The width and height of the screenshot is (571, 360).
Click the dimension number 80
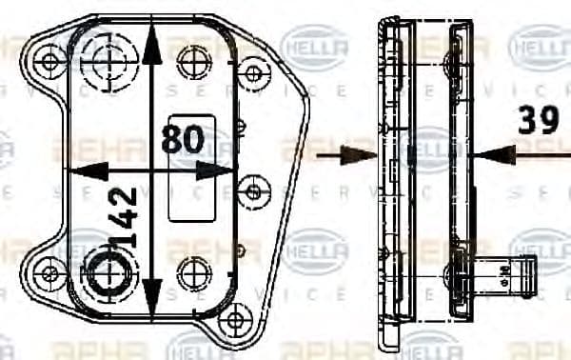184,140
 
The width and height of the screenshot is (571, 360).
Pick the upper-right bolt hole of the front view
253,73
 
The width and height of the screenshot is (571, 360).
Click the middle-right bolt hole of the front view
254,190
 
